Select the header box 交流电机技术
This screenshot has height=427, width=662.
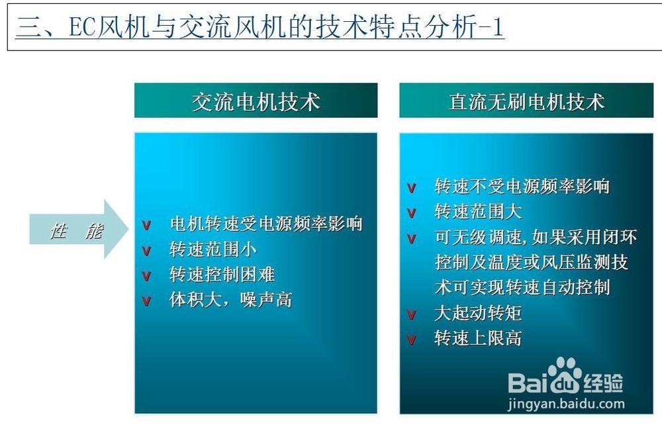[256, 101]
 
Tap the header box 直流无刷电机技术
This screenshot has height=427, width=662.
[526, 101]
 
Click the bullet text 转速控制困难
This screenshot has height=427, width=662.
[222, 275]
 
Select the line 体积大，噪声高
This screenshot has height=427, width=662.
[230, 300]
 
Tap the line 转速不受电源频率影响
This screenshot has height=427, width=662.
[522, 187]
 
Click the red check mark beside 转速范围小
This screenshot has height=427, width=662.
[147, 251]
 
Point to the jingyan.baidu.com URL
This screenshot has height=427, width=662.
[566, 403]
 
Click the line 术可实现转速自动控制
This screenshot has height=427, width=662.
[522, 288]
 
